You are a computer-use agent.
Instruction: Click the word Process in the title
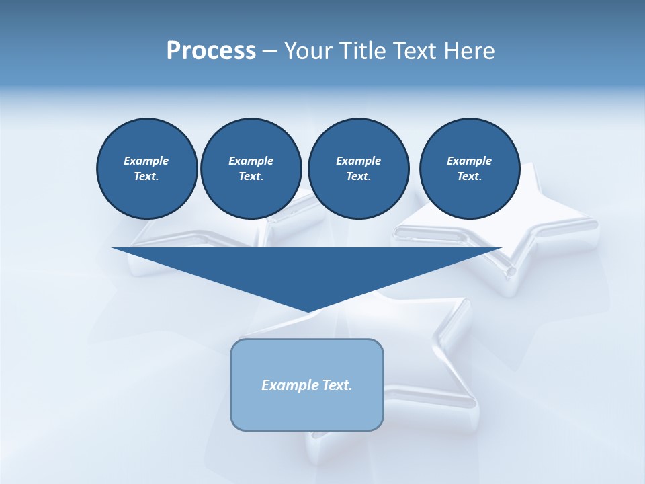coord(211,51)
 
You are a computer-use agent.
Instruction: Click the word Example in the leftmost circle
coord(146,161)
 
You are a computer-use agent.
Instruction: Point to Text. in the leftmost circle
coord(146,177)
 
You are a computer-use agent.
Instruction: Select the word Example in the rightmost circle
coord(470,161)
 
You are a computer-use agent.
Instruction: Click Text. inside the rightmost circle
coord(470,177)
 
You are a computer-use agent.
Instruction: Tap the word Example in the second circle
coord(251,161)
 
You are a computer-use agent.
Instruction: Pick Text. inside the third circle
coord(358,177)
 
